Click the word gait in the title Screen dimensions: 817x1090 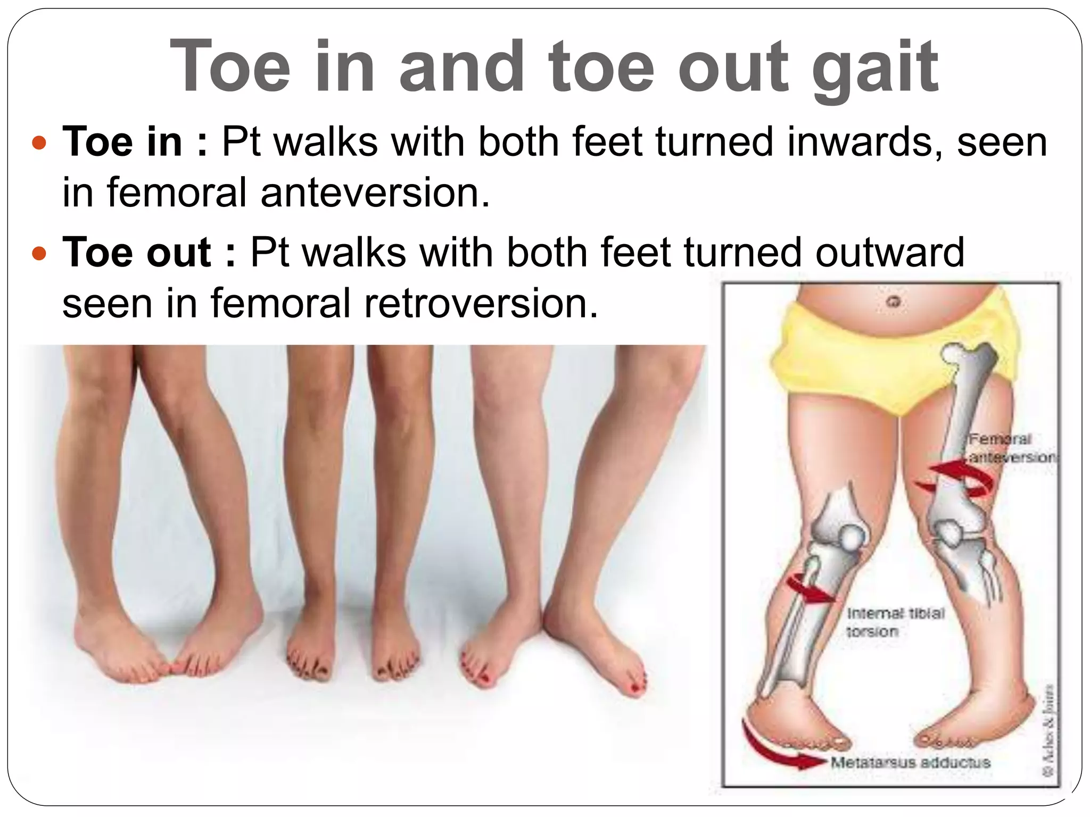pyautogui.click(x=875, y=68)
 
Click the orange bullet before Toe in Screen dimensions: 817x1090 pyautogui.click(x=39, y=143)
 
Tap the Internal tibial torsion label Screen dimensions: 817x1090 pyautogui.click(x=895, y=622)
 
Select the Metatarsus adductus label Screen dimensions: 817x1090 pyautogui.click(x=910, y=762)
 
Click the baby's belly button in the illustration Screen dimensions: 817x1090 pyautogui.click(x=894, y=302)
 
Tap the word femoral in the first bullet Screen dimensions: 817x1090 pyautogui.click(x=176, y=192)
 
